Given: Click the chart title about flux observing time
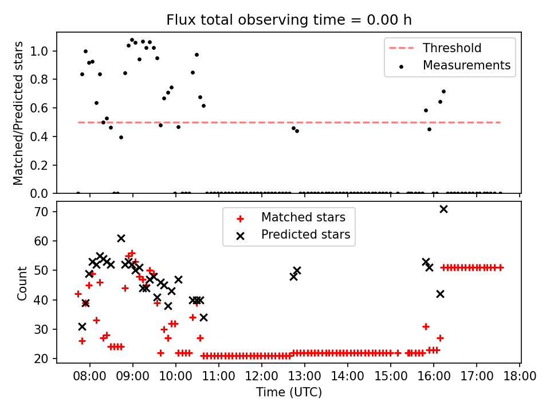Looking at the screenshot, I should point(289,20).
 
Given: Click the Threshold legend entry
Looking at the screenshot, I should point(452,48).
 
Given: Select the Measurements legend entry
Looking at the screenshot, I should point(466,65).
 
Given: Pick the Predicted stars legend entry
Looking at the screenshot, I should point(305,234).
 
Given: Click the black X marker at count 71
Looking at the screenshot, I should point(443,209).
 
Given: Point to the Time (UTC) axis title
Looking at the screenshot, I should point(289,392).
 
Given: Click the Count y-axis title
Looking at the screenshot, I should point(22,283).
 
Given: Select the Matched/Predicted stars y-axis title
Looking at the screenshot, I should point(18,113).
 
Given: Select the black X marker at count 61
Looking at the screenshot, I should point(121,238).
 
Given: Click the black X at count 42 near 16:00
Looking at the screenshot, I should point(440,294).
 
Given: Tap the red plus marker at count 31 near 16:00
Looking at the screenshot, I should point(426,326).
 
